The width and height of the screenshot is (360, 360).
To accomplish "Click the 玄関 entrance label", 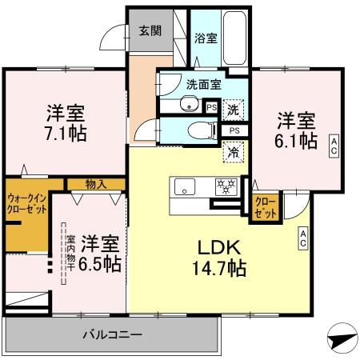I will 149,31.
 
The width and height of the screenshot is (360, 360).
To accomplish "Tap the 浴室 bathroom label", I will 204,38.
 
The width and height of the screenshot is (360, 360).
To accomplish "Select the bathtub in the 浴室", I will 234,38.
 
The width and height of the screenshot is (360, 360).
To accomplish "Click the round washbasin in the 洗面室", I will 190,104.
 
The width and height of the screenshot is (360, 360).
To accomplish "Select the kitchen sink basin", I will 183,188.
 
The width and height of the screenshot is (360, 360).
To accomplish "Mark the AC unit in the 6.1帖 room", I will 334,143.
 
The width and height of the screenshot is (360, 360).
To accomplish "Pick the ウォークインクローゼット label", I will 26,203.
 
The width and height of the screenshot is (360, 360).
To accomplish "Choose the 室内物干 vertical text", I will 70,251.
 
